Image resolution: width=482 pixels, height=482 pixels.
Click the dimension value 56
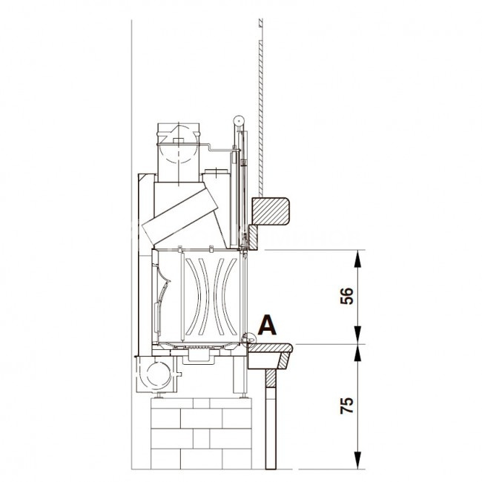[347, 296]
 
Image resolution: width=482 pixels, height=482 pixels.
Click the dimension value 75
[347, 406]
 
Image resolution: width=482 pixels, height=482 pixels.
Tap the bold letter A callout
[267, 326]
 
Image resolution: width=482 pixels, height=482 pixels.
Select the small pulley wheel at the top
[238, 120]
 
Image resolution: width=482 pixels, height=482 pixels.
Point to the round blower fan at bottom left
[159, 374]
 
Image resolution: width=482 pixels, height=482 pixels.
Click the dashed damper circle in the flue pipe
[178, 144]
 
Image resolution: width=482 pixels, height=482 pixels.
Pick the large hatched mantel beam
[270, 211]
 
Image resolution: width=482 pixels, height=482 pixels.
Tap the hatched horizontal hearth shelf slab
[270, 348]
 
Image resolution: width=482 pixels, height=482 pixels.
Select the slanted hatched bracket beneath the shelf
[284, 360]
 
